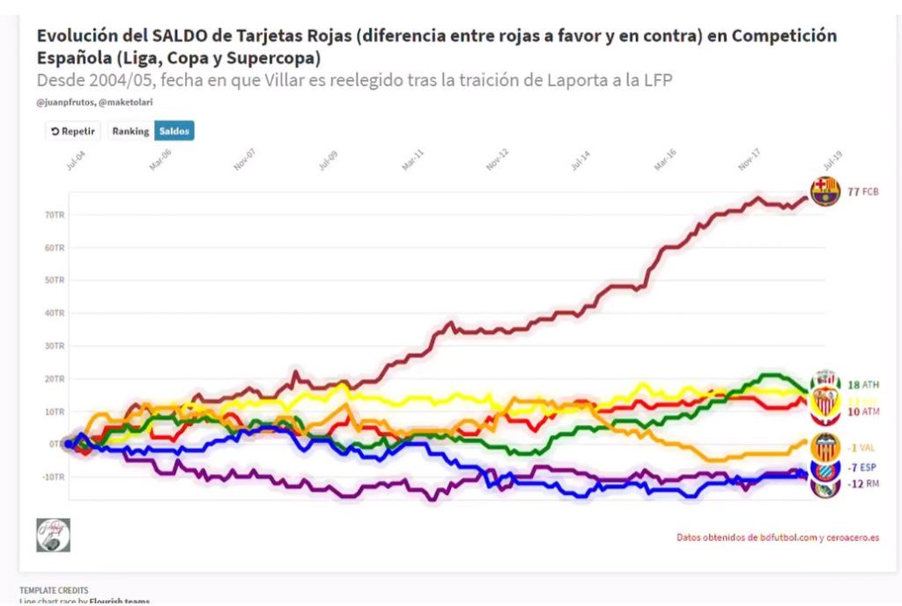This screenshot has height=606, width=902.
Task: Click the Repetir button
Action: point(73,131)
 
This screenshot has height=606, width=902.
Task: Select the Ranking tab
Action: point(130,131)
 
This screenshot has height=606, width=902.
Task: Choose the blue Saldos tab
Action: point(174,131)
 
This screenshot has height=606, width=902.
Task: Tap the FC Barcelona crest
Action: point(825,191)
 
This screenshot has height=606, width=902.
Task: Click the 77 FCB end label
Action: point(863,191)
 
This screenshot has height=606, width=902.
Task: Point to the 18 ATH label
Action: point(863,384)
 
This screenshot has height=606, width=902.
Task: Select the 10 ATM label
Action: point(863,411)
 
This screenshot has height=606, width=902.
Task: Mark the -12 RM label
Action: point(862,484)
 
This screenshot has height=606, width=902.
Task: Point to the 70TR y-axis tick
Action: point(55,215)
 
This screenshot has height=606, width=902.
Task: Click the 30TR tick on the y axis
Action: point(55,345)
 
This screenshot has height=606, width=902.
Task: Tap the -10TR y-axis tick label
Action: point(53,477)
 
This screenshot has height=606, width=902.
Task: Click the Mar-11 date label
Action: point(412,159)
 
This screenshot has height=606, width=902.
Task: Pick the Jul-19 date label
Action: point(832,159)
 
